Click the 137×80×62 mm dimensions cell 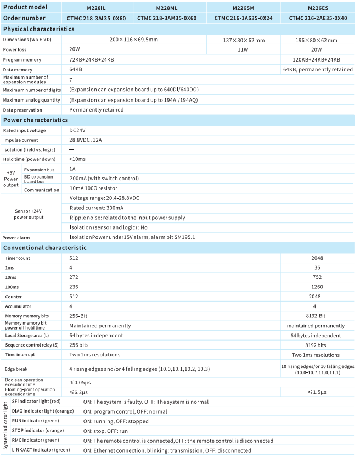point(244,40)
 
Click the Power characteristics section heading point(36,120)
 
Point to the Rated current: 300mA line point(97,208)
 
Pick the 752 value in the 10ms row point(317,277)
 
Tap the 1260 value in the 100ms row point(317,287)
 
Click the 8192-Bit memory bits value point(317,316)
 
